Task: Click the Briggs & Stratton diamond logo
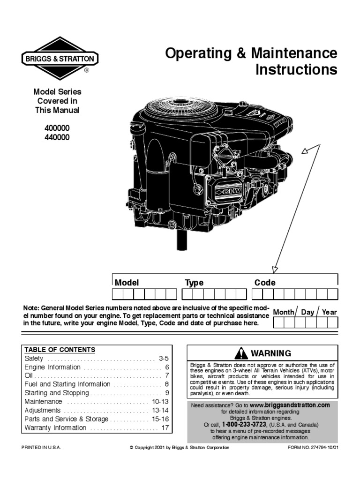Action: pyautogui.click(x=59, y=59)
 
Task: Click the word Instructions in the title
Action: pyautogui.click(x=296, y=70)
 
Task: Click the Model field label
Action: pyautogui.click(x=127, y=283)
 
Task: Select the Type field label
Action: pyautogui.click(x=194, y=283)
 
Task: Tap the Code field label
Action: pyautogui.click(x=265, y=283)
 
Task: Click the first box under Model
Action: pyautogui.click(x=117, y=294)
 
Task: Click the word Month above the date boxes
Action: pyautogui.click(x=284, y=312)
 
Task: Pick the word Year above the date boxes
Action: pyautogui.click(x=329, y=312)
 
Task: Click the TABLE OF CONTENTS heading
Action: pyautogui.click(x=60, y=350)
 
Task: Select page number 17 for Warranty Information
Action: pyautogui.click(x=165, y=428)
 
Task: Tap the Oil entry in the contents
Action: pyautogui.click(x=29, y=376)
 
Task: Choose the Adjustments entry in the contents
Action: pyautogui.click(x=43, y=410)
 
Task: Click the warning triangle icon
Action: pyautogui.click(x=241, y=353)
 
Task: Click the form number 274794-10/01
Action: pyautogui.click(x=312, y=448)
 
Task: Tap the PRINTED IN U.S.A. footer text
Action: pyautogui.click(x=42, y=448)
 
